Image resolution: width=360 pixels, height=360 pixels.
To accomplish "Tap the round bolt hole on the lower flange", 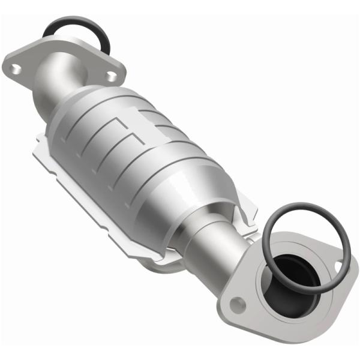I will (239, 304).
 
